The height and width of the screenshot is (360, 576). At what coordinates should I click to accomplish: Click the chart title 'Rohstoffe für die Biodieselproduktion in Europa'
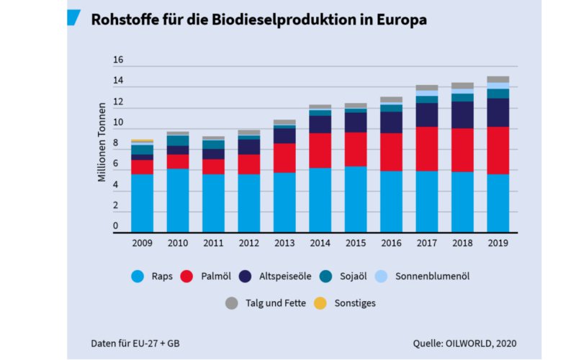point(258,19)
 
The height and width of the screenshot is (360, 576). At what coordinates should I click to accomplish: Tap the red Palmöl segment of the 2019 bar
point(498,150)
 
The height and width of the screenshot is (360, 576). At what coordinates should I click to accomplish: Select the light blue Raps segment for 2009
point(142,203)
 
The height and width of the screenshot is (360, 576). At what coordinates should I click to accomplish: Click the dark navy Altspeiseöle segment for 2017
point(426,114)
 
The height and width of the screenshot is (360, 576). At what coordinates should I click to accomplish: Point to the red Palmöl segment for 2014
point(320,150)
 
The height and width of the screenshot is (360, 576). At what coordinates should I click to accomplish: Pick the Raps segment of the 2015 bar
point(356,199)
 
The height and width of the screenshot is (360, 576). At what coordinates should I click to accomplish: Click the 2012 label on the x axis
point(248,243)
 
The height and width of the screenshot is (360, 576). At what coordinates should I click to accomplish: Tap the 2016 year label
point(391,243)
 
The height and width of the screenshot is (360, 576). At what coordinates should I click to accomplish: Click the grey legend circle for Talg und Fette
point(232,303)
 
